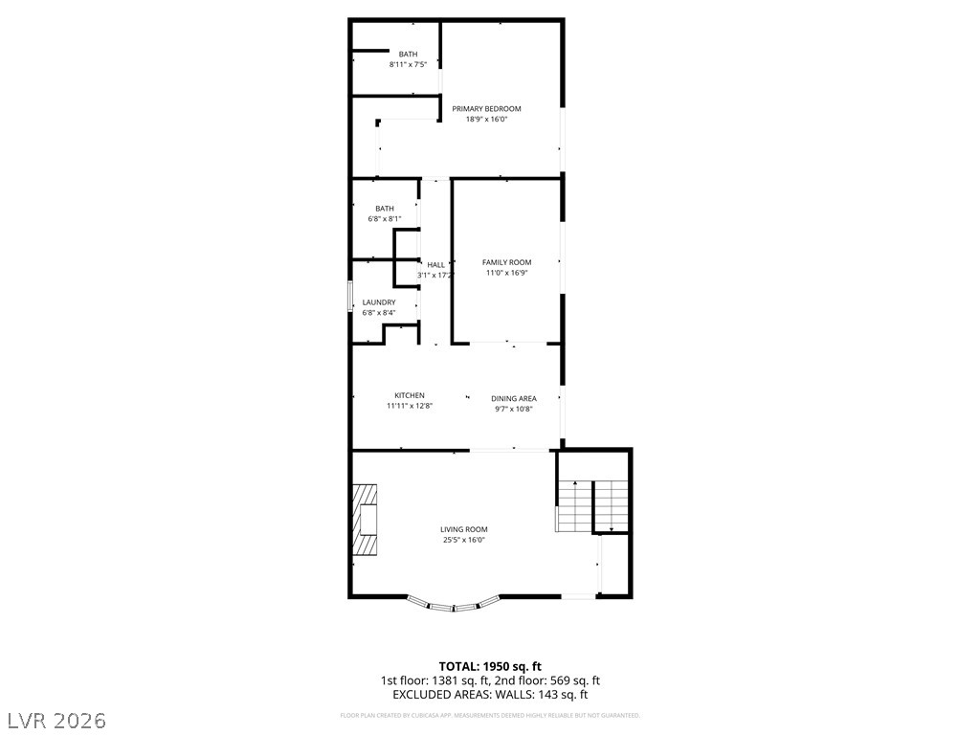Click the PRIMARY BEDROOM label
[x=486, y=109]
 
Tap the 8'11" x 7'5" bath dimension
[x=408, y=65]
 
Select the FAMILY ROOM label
[x=506, y=262]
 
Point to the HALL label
[x=435, y=265]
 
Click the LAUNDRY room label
[x=378, y=302]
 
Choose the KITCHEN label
[x=409, y=395]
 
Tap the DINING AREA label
[x=513, y=398]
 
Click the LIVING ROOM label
[x=463, y=529]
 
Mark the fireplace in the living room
[x=366, y=520]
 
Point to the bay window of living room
[x=454, y=605]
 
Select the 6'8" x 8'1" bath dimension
[x=385, y=219]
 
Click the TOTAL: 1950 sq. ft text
[x=490, y=666]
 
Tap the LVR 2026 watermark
[x=56, y=719]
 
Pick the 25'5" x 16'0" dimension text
[x=464, y=540]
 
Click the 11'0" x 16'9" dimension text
[x=506, y=273]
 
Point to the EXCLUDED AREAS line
[x=490, y=695]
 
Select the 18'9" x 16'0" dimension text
[x=486, y=120]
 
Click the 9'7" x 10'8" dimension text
[x=513, y=409]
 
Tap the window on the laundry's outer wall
[x=349, y=296]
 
